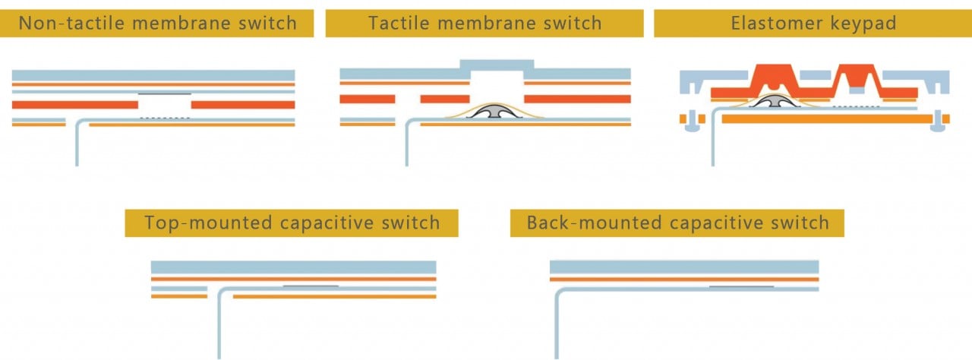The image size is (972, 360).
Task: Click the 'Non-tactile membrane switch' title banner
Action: [157, 23]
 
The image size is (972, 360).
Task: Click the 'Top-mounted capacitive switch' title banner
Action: [292, 223]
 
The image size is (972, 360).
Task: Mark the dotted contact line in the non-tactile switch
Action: [165, 118]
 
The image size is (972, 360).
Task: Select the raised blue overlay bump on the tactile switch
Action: [497, 65]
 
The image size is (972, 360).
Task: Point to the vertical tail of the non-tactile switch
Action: [77, 144]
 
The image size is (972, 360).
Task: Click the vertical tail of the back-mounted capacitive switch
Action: [556, 327]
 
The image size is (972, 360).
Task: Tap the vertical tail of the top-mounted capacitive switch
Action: [219, 327]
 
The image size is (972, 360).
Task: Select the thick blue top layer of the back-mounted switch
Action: [683, 267]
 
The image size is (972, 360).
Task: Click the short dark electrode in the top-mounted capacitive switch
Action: [310, 286]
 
